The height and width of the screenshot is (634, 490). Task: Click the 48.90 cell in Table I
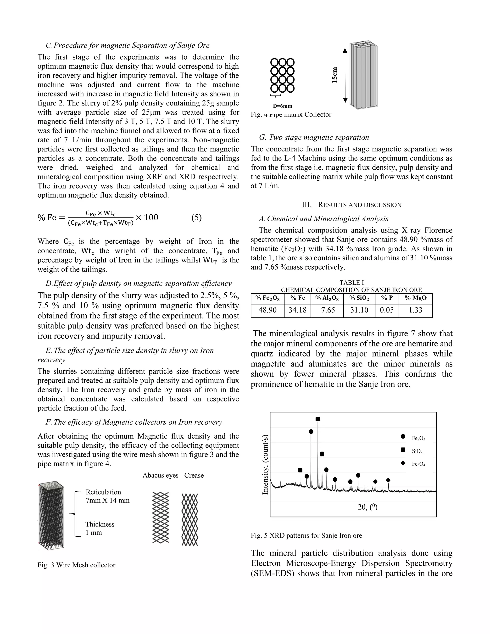tap(267, 310)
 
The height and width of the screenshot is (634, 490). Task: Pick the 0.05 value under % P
tap(387, 310)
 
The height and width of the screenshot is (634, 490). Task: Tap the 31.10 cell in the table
tap(359, 310)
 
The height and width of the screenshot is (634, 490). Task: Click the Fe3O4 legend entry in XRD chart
tap(418, 464)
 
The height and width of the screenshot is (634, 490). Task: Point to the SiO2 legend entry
tap(417, 451)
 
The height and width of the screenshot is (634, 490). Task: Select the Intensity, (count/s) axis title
tap(265, 464)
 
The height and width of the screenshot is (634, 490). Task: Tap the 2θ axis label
tap(367, 507)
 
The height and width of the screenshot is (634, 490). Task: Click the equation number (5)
tap(196, 217)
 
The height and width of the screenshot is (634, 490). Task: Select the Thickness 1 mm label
tap(100, 528)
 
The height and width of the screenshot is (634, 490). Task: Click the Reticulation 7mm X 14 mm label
tap(107, 496)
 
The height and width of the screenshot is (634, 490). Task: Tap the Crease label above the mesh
tap(194, 475)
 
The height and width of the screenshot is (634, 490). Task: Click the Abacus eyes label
tap(160, 475)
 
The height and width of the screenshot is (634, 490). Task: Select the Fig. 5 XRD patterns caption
tap(306, 536)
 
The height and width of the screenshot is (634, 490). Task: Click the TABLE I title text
tap(351, 283)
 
